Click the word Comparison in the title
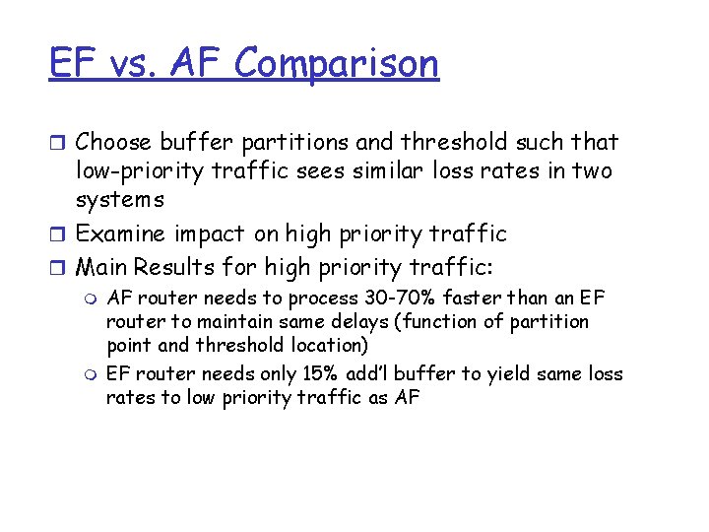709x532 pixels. click(x=336, y=64)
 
